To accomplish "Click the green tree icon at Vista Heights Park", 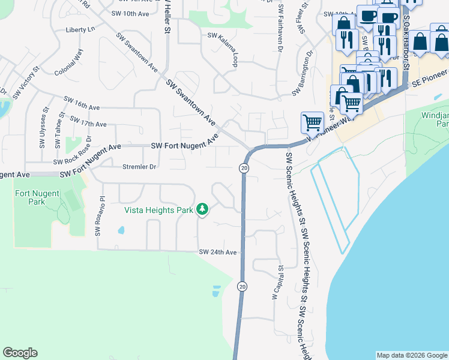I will [203, 209].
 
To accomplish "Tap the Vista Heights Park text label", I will [158, 210].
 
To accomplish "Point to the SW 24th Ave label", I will [218, 253].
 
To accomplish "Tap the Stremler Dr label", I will [139, 167].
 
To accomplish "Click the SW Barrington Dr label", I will [303, 74].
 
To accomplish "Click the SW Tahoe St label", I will [58, 130].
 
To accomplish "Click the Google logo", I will [20, 353].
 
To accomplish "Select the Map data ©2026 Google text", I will [411, 355].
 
